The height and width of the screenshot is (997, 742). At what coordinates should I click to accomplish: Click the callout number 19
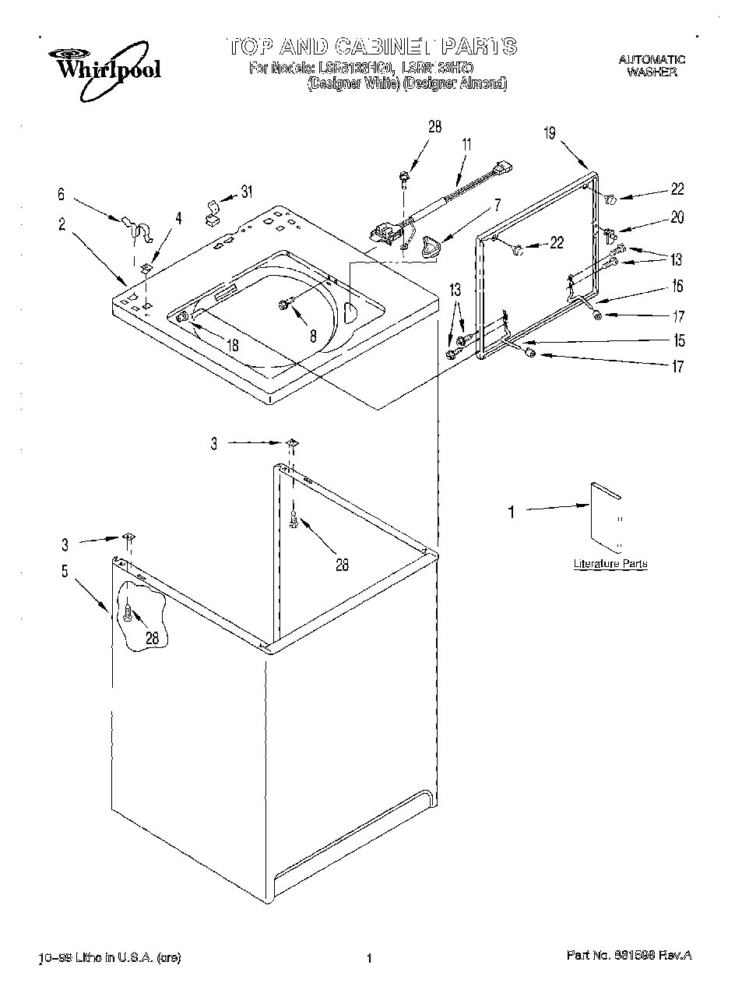pyautogui.click(x=550, y=133)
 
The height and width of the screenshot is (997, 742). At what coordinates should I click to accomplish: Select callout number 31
pyautogui.click(x=246, y=192)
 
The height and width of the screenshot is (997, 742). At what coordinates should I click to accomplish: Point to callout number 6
pyautogui.click(x=62, y=195)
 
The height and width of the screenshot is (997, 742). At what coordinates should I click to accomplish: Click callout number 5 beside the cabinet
pyautogui.click(x=65, y=571)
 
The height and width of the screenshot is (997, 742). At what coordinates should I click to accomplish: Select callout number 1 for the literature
pyautogui.click(x=512, y=512)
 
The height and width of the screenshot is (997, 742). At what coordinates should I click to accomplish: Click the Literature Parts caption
pyautogui.click(x=610, y=563)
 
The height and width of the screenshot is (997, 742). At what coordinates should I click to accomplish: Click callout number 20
pyautogui.click(x=677, y=217)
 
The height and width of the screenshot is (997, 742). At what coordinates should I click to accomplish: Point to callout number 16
pyautogui.click(x=677, y=286)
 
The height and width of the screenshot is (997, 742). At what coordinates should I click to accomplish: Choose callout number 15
pyautogui.click(x=679, y=340)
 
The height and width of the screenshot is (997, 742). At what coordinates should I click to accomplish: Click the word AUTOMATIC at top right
pyautogui.click(x=652, y=59)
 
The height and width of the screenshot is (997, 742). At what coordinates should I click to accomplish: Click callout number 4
pyautogui.click(x=178, y=219)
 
